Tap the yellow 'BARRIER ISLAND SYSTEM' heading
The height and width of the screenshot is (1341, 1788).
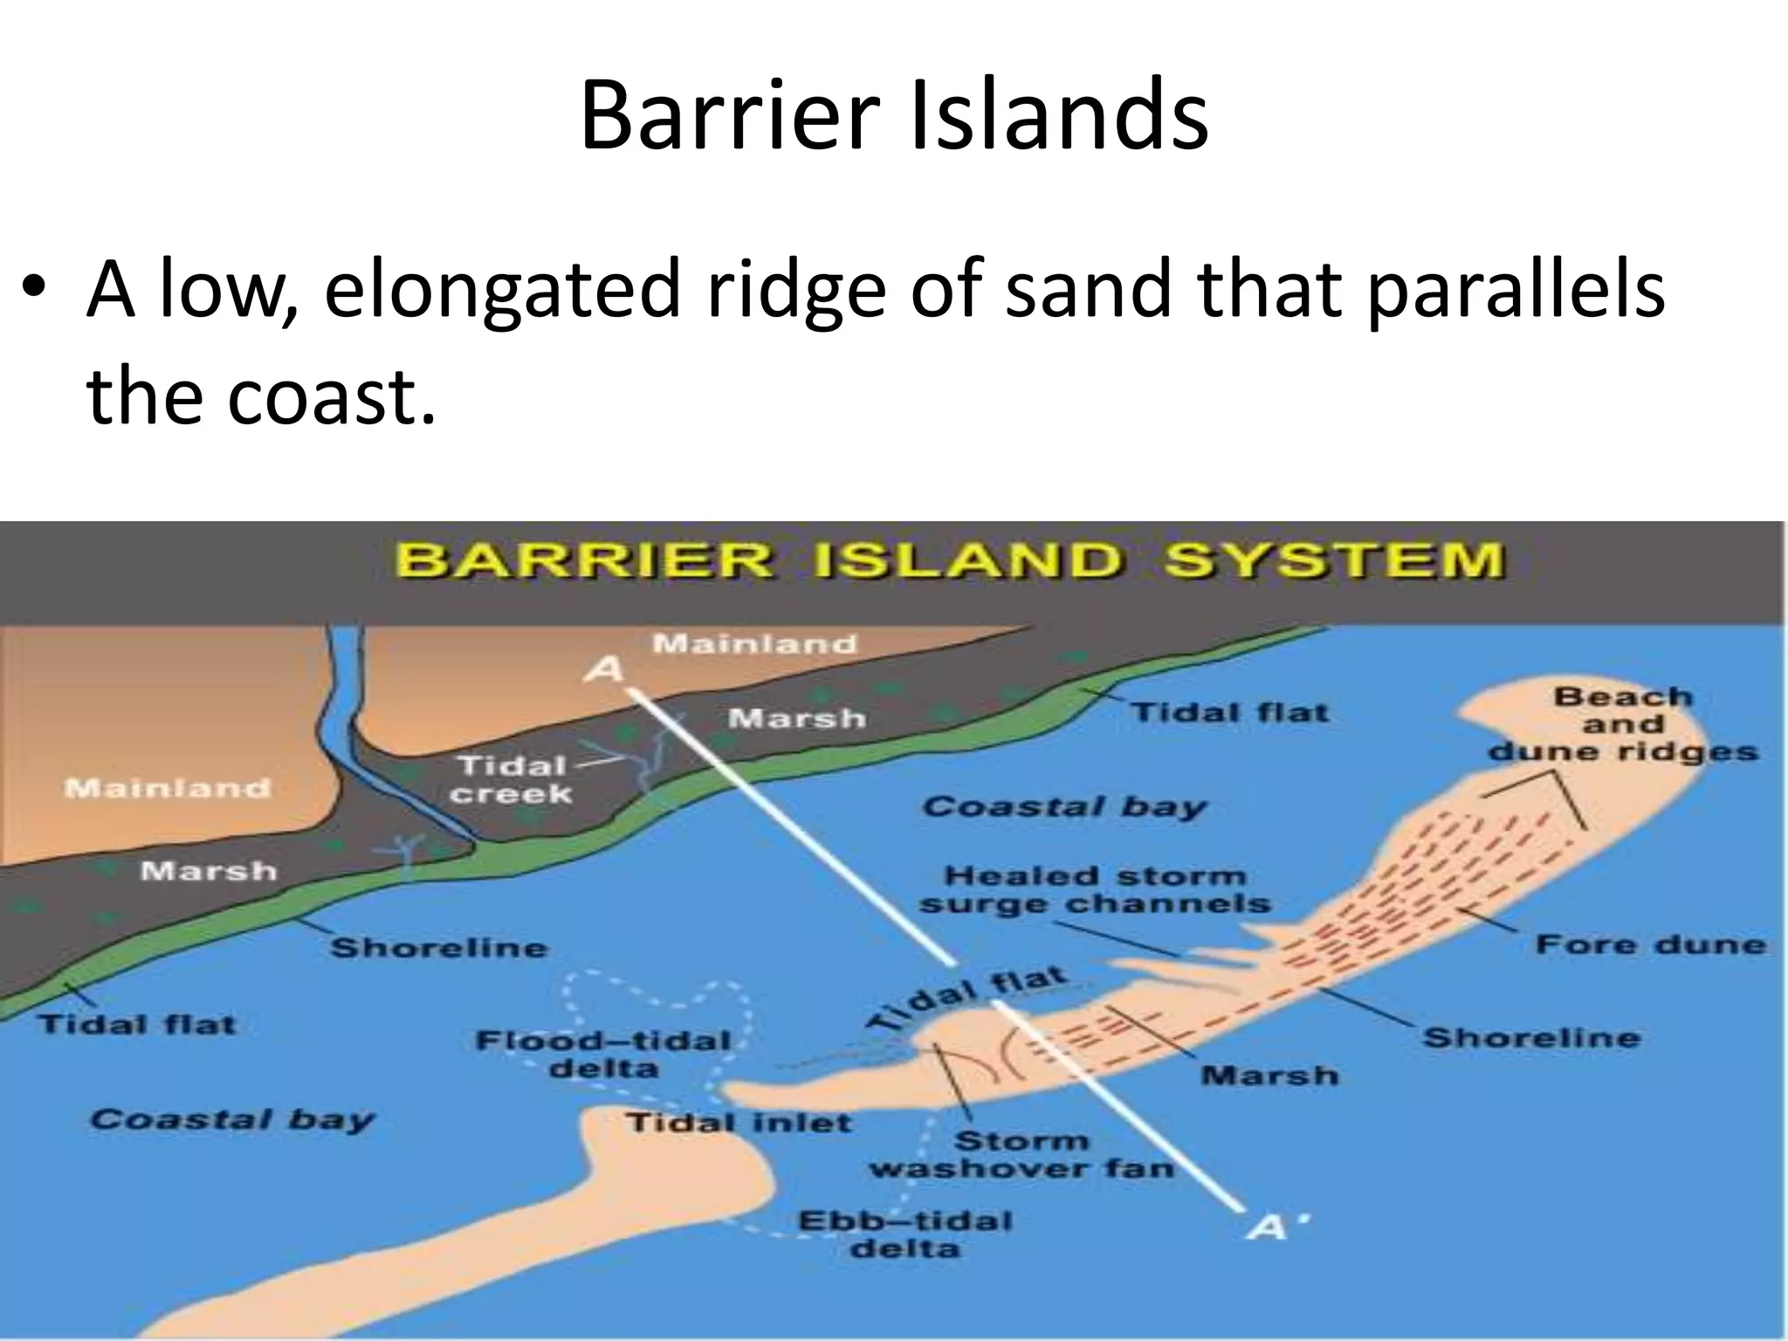pos(951,560)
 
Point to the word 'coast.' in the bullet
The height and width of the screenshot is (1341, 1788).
pos(332,397)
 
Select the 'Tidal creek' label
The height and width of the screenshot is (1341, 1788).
pos(513,780)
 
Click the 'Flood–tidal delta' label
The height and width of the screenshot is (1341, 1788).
pos(603,1054)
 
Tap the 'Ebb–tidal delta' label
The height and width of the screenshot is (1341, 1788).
pos(904,1234)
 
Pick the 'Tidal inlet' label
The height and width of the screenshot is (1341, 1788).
pos(739,1122)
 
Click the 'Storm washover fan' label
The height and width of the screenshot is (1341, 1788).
pos(1021,1154)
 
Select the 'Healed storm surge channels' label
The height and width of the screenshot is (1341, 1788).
pos(1095,889)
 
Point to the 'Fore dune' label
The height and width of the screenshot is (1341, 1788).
pos(1650,944)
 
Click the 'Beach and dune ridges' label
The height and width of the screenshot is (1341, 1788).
pos(1623,724)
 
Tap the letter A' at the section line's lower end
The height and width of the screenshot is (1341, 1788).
pos(1270,1228)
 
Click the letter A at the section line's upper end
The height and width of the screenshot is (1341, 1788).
pos(605,670)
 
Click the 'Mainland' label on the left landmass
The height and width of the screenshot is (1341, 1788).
pos(168,788)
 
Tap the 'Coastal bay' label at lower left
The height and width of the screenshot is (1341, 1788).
pos(231,1119)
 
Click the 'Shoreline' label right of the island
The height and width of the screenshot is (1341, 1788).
pos(1531,1037)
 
